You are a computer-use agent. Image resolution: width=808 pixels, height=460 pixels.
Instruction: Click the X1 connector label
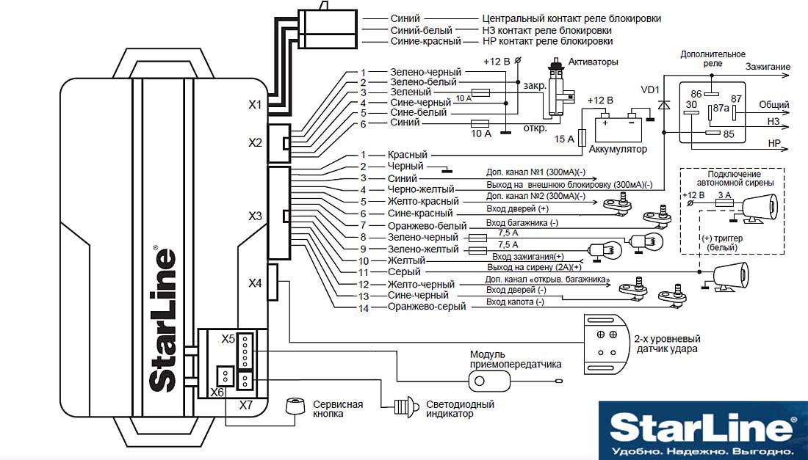click(255, 105)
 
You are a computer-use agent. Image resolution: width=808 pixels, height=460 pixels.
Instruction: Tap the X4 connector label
click(255, 283)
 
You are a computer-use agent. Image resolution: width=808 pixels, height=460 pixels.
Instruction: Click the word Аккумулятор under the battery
click(618, 150)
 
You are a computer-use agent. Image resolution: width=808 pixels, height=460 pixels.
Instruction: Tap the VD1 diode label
click(651, 90)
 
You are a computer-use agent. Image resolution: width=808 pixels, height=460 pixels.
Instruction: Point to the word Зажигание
click(768, 67)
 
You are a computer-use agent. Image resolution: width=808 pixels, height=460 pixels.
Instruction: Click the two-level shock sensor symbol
click(606, 344)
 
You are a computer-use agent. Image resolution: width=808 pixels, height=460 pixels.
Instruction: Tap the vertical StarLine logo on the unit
click(163, 318)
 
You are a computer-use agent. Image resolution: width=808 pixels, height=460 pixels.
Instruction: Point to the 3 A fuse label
click(724, 195)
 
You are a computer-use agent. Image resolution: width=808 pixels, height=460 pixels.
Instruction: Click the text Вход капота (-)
click(515, 302)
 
